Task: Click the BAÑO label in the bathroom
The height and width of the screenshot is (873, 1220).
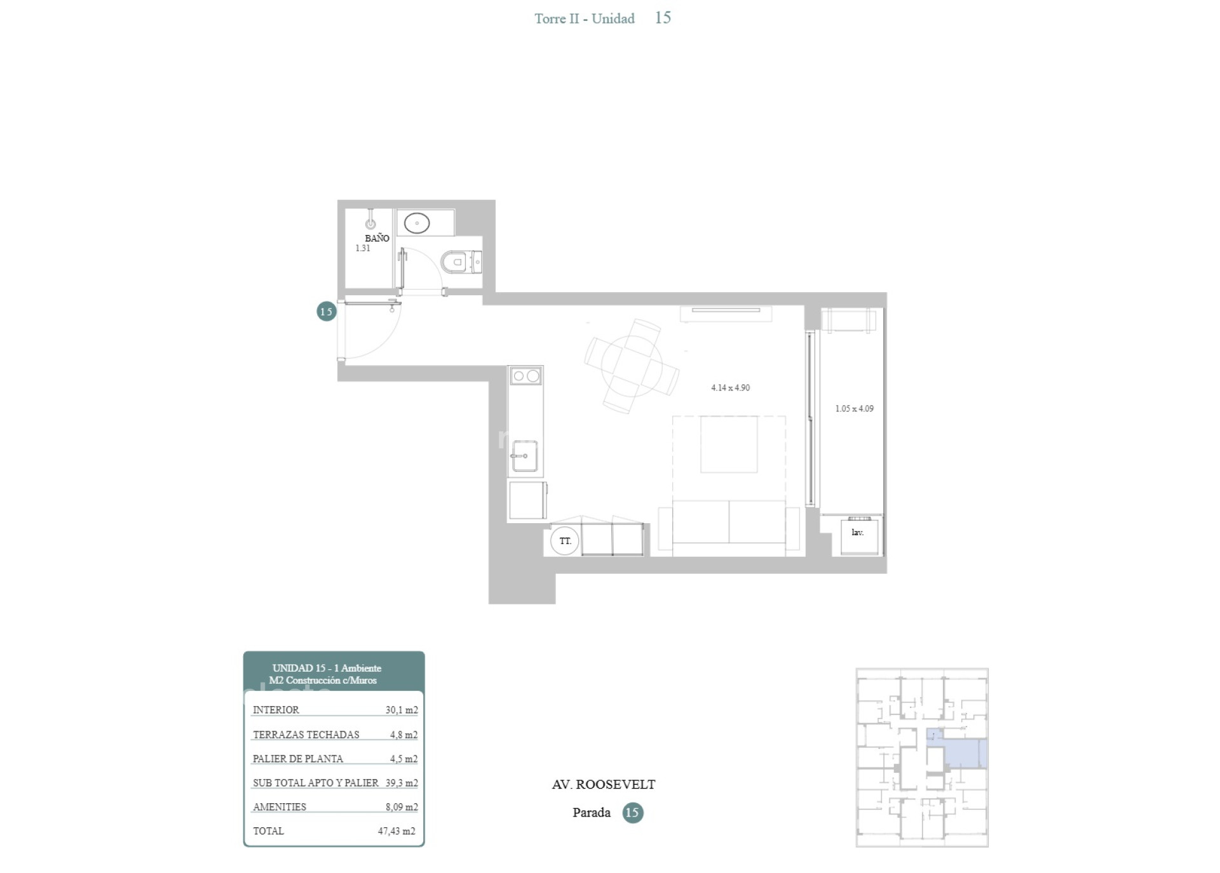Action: pyautogui.click(x=377, y=238)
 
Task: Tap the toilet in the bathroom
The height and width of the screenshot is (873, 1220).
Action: pyautogui.click(x=461, y=262)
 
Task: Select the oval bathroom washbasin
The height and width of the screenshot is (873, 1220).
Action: pyautogui.click(x=417, y=223)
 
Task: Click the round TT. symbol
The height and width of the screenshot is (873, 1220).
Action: pyautogui.click(x=565, y=541)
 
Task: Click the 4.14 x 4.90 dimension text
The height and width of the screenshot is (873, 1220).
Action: pyautogui.click(x=730, y=387)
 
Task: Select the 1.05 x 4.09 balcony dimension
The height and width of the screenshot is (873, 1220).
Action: pyautogui.click(x=854, y=408)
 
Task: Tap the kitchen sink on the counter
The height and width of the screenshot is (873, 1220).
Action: pyautogui.click(x=525, y=456)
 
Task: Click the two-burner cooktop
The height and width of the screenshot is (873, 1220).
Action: pyautogui.click(x=525, y=376)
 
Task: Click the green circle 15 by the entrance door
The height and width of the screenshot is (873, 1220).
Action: pyautogui.click(x=326, y=311)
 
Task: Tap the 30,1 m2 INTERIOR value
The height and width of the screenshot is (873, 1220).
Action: pyautogui.click(x=402, y=710)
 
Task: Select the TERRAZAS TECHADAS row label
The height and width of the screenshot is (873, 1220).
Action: pyautogui.click(x=306, y=735)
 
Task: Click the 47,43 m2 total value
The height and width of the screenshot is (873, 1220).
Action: pyautogui.click(x=396, y=831)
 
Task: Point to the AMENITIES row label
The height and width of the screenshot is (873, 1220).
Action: pyautogui.click(x=280, y=807)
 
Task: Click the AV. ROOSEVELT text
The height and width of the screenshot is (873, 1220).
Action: pyautogui.click(x=604, y=784)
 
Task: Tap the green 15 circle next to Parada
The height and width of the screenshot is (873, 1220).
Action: pyautogui.click(x=632, y=813)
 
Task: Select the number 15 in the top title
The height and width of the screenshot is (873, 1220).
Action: pyautogui.click(x=663, y=18)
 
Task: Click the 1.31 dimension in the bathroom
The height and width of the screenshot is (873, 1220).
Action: pyautogui.click(x=362, y=248)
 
